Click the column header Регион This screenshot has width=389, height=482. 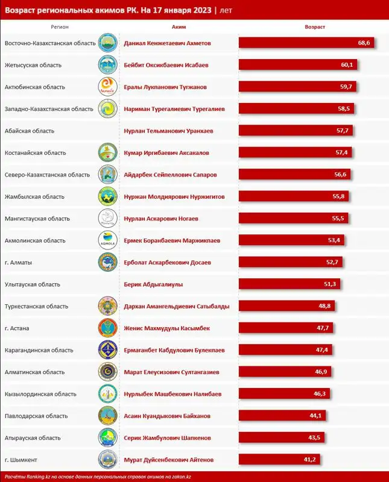[x=60, y=27]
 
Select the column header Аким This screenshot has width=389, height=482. [x=179, y=27]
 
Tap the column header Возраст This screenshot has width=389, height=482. [x=315, y=27]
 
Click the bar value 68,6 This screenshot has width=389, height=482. [x=364, y=43]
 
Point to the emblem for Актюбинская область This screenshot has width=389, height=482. [x=107, y=87]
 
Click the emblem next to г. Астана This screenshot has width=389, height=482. [x=107, y=328]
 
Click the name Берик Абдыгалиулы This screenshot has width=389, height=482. [x=153, y=284]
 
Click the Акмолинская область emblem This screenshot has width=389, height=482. [x=107, y=240]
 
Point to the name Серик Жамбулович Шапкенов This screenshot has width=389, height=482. [x=167, y=437]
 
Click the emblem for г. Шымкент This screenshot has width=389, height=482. [x=107, y=460]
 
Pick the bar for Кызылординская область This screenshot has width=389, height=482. [x=283, y=394]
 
